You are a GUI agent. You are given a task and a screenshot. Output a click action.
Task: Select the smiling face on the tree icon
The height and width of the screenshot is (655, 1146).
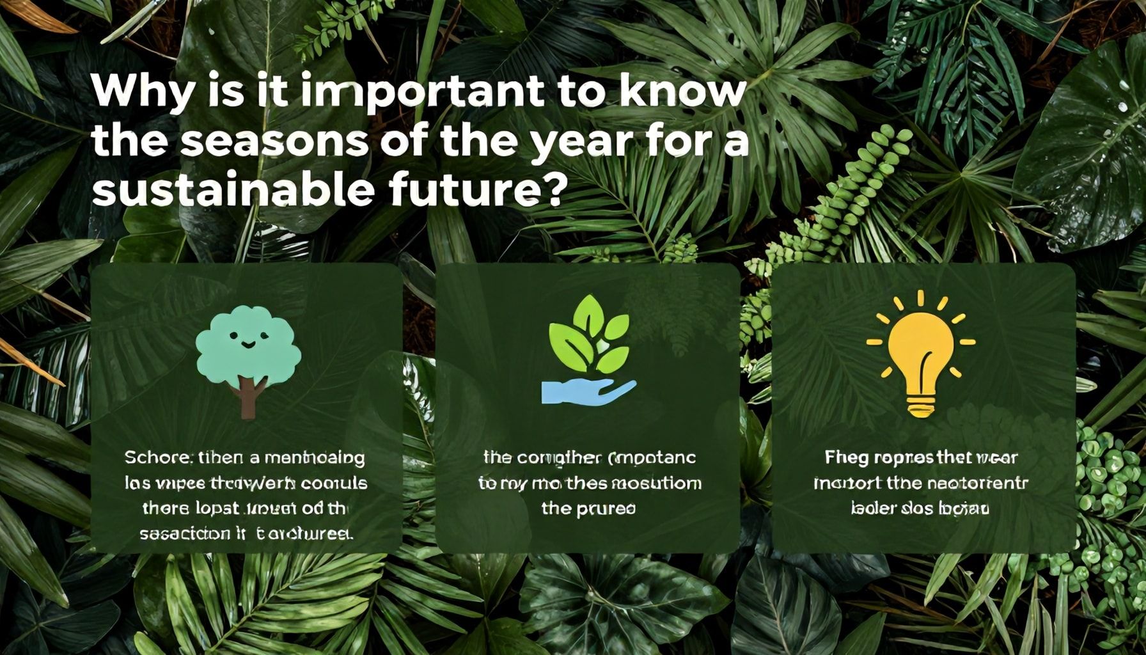pos(248,342)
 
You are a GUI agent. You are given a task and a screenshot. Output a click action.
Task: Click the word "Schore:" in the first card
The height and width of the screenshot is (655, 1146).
pos(159,458)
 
